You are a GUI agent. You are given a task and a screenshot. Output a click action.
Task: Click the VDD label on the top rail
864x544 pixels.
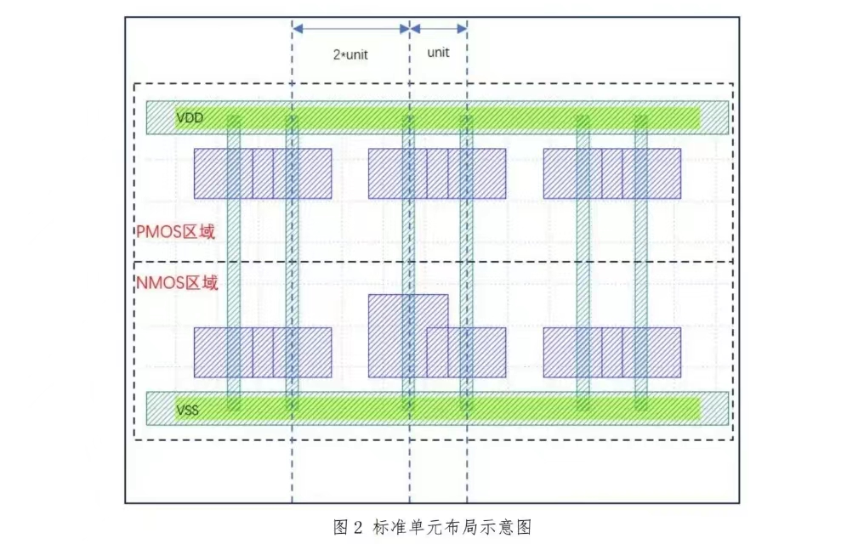click(x=190, y=117)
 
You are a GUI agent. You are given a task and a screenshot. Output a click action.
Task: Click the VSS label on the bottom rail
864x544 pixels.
click(x=188, y=410)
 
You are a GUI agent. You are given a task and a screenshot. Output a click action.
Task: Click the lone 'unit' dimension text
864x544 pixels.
click(x=438, y=52)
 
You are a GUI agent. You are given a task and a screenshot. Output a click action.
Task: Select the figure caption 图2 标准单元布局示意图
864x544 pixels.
click(x=432, y=527)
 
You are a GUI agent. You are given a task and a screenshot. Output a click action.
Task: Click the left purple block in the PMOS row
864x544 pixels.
click(x=262, y=173)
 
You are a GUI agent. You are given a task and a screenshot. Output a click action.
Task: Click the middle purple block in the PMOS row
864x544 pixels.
click(x=436, y=173)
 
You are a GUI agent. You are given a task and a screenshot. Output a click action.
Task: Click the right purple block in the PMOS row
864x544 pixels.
click(x=611, y=173)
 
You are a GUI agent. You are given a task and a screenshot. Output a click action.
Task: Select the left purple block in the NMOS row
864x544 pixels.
click(x=262, y=352)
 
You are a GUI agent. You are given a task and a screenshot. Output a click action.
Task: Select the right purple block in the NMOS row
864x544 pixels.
click(x=611, y=352)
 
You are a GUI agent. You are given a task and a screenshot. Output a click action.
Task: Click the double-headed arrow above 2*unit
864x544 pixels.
click(x=350, y=28)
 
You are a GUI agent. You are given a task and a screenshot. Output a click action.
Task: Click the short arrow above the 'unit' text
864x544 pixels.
click(x=438, y=28)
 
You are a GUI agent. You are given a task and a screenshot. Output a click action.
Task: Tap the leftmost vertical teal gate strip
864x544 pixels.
click(x=234, y=255)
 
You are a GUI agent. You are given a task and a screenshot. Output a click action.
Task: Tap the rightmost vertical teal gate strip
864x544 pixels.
click(x=641, y=255)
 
